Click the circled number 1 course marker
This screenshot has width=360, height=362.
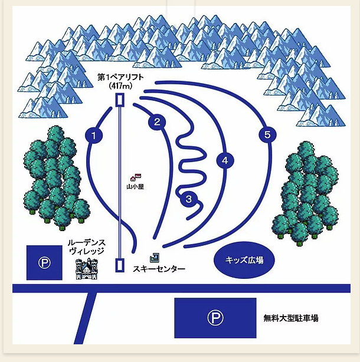[94, 136]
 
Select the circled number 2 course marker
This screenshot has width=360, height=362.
[157, 123]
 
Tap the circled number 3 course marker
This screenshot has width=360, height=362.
[188, 199]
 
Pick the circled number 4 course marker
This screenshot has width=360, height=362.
[224, 159]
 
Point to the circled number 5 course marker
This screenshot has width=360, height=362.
[267, 135]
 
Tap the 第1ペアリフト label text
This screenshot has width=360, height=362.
[120, 77]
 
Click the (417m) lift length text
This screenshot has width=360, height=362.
[120, 86]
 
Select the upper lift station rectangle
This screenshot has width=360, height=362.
[120, 99]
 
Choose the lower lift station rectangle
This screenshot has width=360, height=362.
[120, 265]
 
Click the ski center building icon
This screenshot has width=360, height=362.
[155, 257]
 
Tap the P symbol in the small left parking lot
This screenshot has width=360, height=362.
[45, 263]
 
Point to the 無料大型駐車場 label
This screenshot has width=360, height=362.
[291, 318]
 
